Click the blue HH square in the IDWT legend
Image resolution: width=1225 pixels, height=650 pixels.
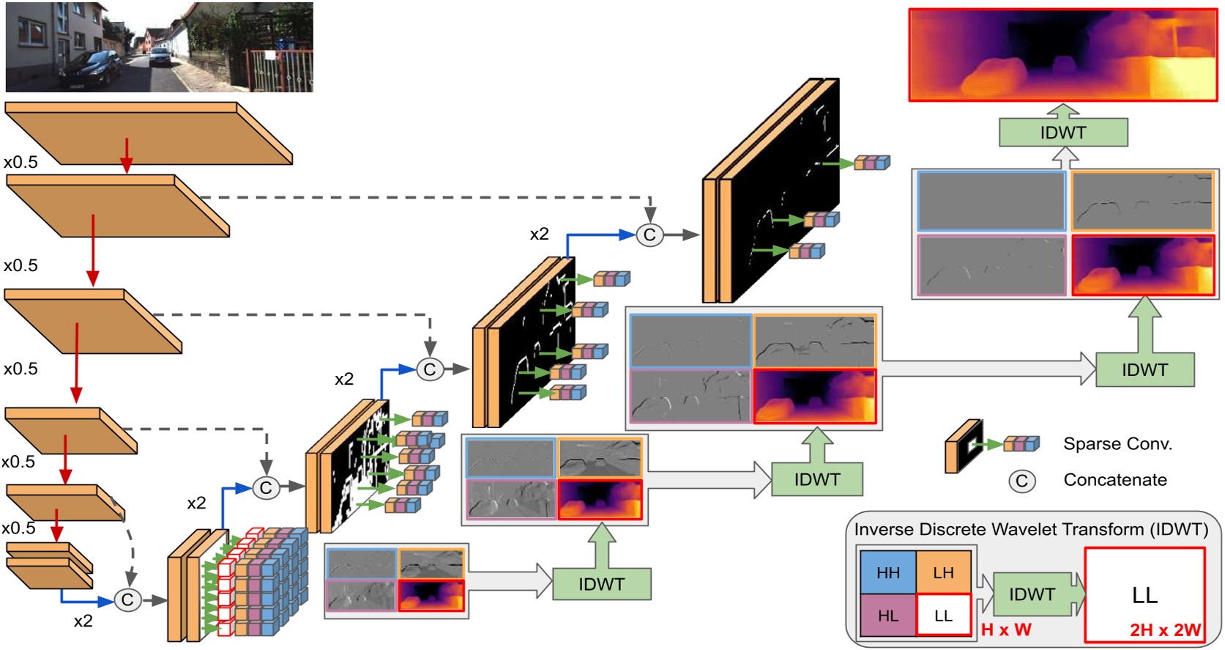887,572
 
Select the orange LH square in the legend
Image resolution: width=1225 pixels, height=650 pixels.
943,572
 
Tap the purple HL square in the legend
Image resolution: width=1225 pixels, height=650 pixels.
887,616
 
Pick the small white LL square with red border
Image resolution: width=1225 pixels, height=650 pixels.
943,616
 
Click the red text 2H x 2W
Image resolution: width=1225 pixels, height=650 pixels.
1165,630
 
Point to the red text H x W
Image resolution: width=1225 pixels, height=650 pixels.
1006,630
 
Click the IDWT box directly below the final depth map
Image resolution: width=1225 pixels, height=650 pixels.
1062,133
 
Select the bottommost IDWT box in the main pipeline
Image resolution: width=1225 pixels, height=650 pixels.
601,584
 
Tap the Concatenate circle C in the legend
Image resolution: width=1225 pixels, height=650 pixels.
1021,481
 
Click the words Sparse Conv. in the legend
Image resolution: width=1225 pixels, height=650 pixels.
1117,444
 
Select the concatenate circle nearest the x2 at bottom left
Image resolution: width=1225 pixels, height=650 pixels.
127,599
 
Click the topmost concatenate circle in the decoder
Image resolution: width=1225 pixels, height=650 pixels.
649,235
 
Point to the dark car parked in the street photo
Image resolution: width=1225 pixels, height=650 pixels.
92,69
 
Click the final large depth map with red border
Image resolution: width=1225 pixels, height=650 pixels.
1062,55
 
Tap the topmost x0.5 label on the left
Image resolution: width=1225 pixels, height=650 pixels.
21,162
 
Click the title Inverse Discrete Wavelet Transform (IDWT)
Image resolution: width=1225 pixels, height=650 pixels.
1031,529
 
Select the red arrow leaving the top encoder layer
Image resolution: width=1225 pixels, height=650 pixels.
127,155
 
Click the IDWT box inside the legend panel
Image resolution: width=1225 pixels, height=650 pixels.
1032,594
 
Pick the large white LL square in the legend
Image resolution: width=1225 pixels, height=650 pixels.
1144,594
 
